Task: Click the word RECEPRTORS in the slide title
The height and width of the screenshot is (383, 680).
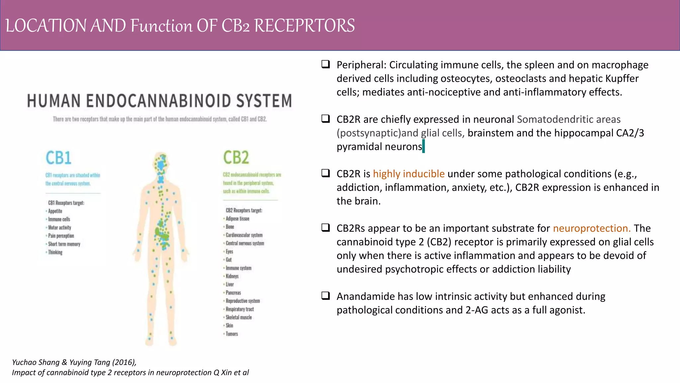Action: pos(304,26)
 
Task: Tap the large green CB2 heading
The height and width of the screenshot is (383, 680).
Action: pos(236,158)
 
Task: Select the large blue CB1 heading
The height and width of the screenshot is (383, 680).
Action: pos(58,158)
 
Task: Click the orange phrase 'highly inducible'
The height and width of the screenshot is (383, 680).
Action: pos(408,174)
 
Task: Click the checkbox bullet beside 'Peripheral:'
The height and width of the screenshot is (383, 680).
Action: pos(325,64)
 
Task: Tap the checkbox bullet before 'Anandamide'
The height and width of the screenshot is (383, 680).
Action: pos(325,296)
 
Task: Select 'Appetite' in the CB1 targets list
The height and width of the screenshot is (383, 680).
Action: pos(55,211)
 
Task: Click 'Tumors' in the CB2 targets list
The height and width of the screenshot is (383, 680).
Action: pos(232,334)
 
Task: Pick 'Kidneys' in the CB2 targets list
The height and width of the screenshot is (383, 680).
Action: pos(232,276)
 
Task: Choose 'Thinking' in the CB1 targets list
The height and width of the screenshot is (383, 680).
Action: pos(55,252)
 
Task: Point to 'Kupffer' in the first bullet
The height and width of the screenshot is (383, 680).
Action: pos(622,79)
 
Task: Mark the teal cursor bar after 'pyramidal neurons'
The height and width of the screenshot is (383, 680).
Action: pos(424,147)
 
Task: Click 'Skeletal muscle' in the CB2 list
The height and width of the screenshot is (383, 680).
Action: pos(239,318)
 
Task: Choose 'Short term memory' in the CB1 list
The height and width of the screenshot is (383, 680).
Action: pos(64,244)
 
